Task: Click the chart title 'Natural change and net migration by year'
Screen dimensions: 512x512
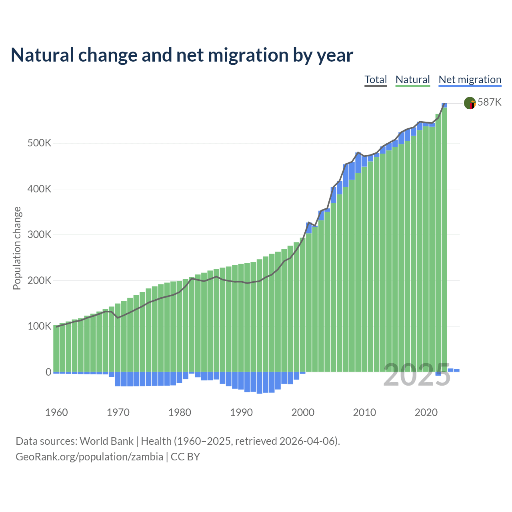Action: pos(182,55)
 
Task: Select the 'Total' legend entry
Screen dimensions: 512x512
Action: pos(376,80)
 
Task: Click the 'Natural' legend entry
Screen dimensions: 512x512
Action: pos(412,80)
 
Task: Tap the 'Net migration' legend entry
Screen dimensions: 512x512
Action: pos(470,80)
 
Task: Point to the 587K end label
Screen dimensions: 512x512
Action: pos(489,102)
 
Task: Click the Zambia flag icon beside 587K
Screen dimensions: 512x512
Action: pos(470,103)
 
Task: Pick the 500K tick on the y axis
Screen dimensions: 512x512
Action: pos(39,143)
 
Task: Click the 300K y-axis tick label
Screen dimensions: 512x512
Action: pos(39,235)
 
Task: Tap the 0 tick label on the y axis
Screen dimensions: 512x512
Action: pos(48,372)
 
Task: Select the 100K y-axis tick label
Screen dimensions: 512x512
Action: pos(39,326)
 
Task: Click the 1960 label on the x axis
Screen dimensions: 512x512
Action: pos(56,412)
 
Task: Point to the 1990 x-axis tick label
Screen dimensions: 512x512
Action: pos(241,412)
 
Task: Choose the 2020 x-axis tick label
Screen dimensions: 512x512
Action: pos(426,412)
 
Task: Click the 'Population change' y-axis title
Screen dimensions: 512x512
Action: pos(17,248)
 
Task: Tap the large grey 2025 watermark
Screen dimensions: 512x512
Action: pos(417,375)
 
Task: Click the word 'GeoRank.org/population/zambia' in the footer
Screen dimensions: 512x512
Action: pos(89,457)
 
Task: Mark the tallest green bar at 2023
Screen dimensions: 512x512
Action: pos(444,240)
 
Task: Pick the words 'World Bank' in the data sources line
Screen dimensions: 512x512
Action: pos(106,441)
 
